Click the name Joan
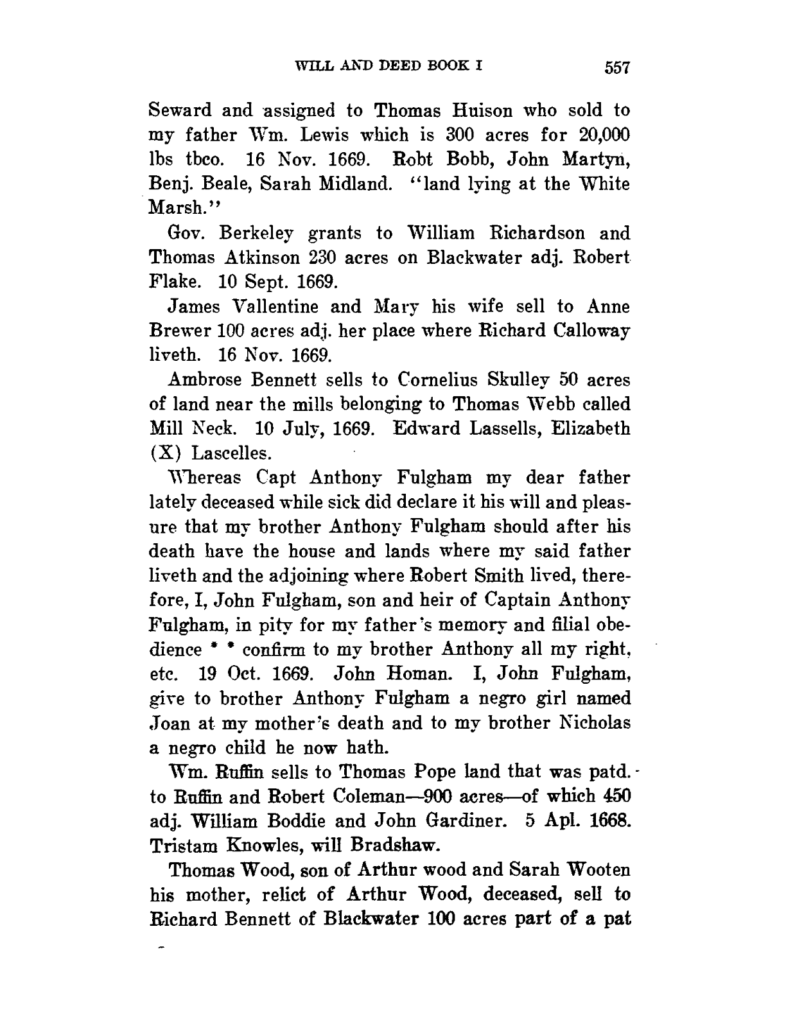(x=168, y=723)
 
